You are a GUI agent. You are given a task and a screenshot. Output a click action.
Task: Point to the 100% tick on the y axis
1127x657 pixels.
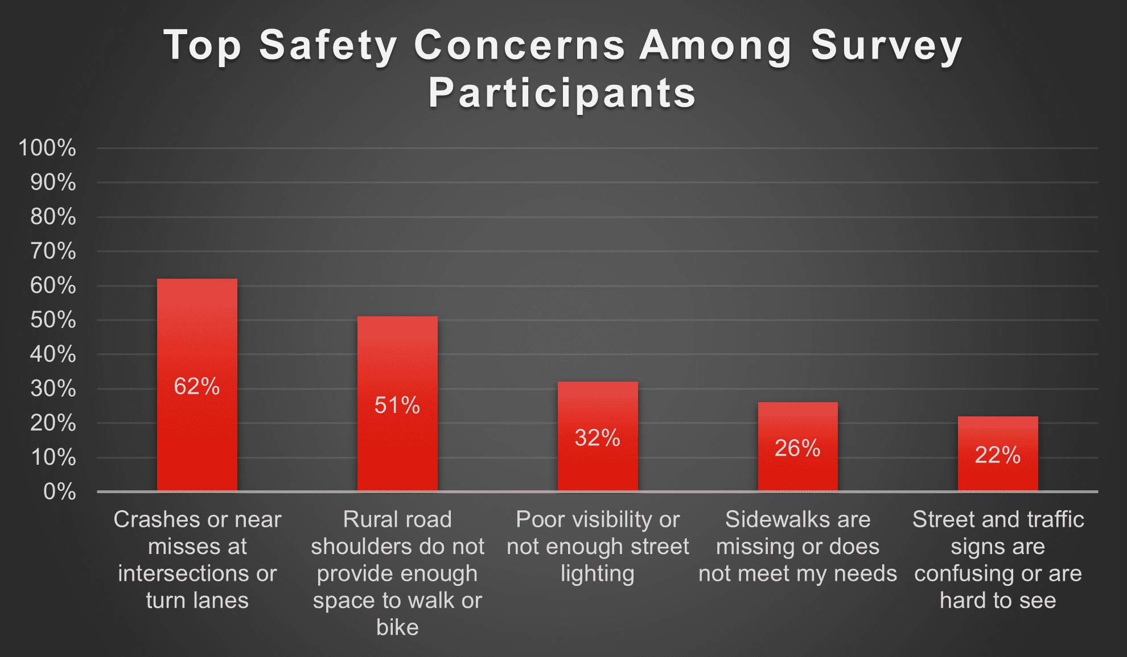pyautogui.click(x=47, y=148)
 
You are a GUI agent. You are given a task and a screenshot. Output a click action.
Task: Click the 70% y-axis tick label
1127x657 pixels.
pyautogui.click(x=53, y=251)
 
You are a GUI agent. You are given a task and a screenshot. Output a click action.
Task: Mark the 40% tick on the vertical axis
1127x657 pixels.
pyautogui.click(x=53, y=354)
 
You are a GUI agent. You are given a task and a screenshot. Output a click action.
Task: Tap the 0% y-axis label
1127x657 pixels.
pyautogui.click(x=59, y=491)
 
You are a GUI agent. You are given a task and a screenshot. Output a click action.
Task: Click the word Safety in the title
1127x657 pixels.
pyautogui.click(x=328, y=46)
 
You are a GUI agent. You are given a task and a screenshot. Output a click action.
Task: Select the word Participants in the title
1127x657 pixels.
pyautogui.click(x=562, y=93)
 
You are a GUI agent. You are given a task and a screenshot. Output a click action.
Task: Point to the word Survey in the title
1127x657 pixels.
pyautogui.click(x=886, y=46)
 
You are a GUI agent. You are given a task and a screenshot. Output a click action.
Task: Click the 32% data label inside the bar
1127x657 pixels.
pyautogui.click(x=597, y=438)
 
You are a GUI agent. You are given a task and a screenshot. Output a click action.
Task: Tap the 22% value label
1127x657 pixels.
pyautogui.click(x=997, y=455)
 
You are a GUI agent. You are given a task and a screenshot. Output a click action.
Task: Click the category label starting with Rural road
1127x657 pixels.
pyautogui.click(x=397, y=519)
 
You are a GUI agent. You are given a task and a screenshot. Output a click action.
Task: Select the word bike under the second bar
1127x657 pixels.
pyautogui.click(x=397, y=627)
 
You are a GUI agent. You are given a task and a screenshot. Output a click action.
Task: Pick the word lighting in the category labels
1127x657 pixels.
pyautogui.click(x=597, y=573)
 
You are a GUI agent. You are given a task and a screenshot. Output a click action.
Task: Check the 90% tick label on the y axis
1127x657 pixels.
pyautogui.click(x=53, y=183)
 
